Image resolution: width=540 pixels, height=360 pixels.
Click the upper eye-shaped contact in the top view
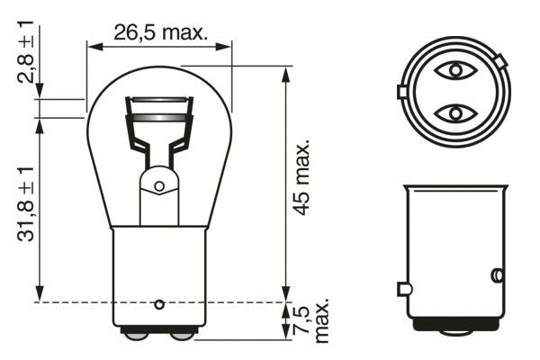click(454, 70)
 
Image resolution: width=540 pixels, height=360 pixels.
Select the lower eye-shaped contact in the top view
click(454, 112)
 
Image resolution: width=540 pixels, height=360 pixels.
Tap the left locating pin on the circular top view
click(401, 92)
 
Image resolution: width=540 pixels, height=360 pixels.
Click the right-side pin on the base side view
click(496, 274)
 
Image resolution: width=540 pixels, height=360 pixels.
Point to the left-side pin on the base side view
click(403, 289)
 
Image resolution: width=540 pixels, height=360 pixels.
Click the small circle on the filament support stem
click(159, 186)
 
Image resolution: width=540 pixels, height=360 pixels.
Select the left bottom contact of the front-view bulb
click(136, 335)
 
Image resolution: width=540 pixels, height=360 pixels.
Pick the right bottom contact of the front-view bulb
click(183, 335)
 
